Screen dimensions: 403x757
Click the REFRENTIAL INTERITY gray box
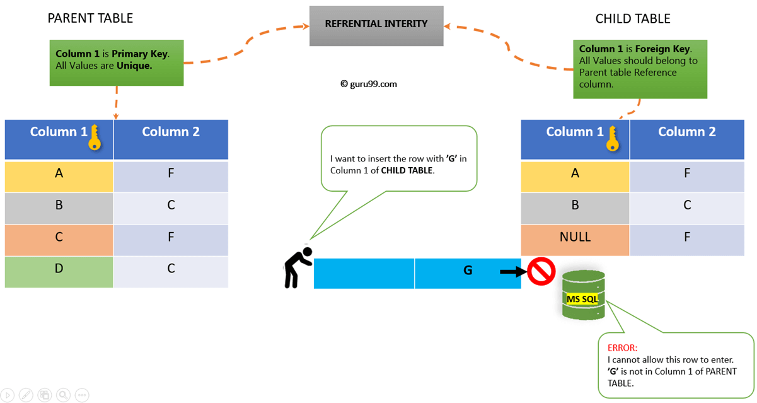(x=376, y=25)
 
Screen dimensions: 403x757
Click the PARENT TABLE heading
(x=90, y=18)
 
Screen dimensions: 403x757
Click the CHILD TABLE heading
(x=633, y=19)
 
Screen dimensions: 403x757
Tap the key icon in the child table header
(x=611, y=137)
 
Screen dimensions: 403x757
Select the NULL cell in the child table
(x=575, y=238)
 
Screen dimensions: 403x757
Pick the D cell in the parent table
(x=59, y=269)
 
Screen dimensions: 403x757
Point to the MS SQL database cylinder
(x=583, y=295)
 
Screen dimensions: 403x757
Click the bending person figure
(x=296, y=266)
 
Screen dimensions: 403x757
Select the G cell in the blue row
(x=468, y=271)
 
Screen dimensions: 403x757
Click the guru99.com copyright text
(x=369, y=83)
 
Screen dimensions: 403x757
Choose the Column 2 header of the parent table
(x=171, y=132)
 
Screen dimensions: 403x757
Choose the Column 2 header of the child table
(x=687, y=132)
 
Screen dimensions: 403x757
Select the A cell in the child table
(x=575, y=172)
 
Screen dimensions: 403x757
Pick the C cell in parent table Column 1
(x=59, y=237)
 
